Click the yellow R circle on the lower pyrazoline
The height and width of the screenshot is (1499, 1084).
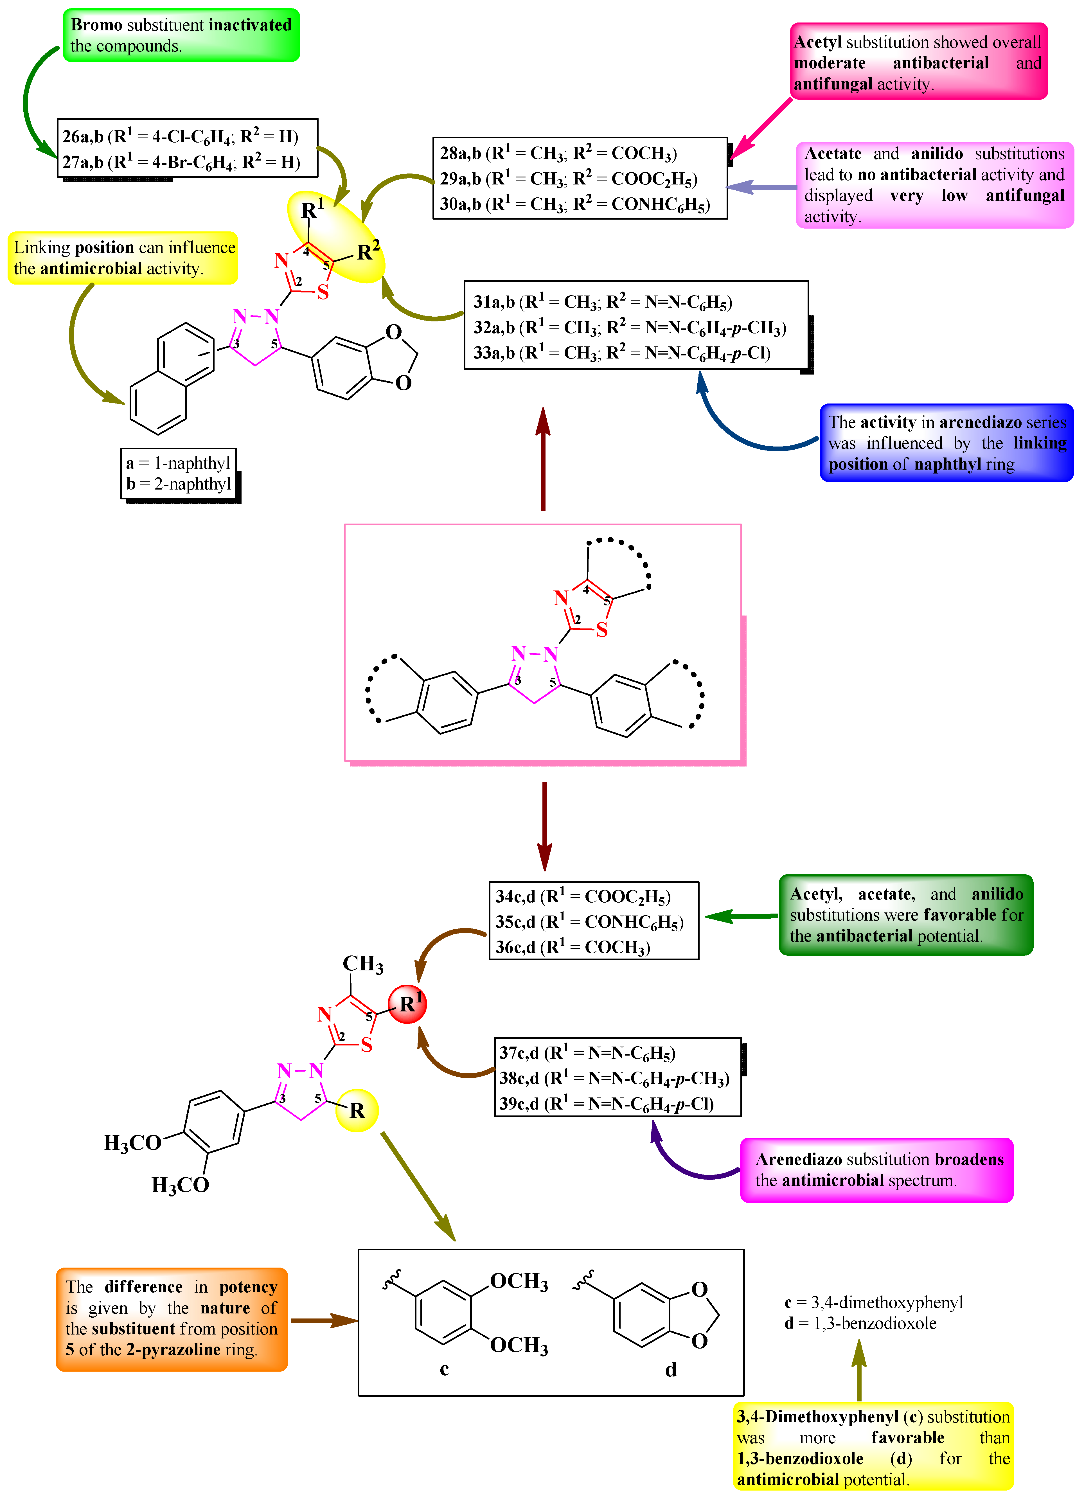click(x=357, y=1110)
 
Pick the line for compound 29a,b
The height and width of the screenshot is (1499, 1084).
click(x=569, y=179)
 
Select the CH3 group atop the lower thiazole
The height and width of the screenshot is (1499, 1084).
click(x=362, y=964)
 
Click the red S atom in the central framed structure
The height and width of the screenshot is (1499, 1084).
click(x=601, y=630)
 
